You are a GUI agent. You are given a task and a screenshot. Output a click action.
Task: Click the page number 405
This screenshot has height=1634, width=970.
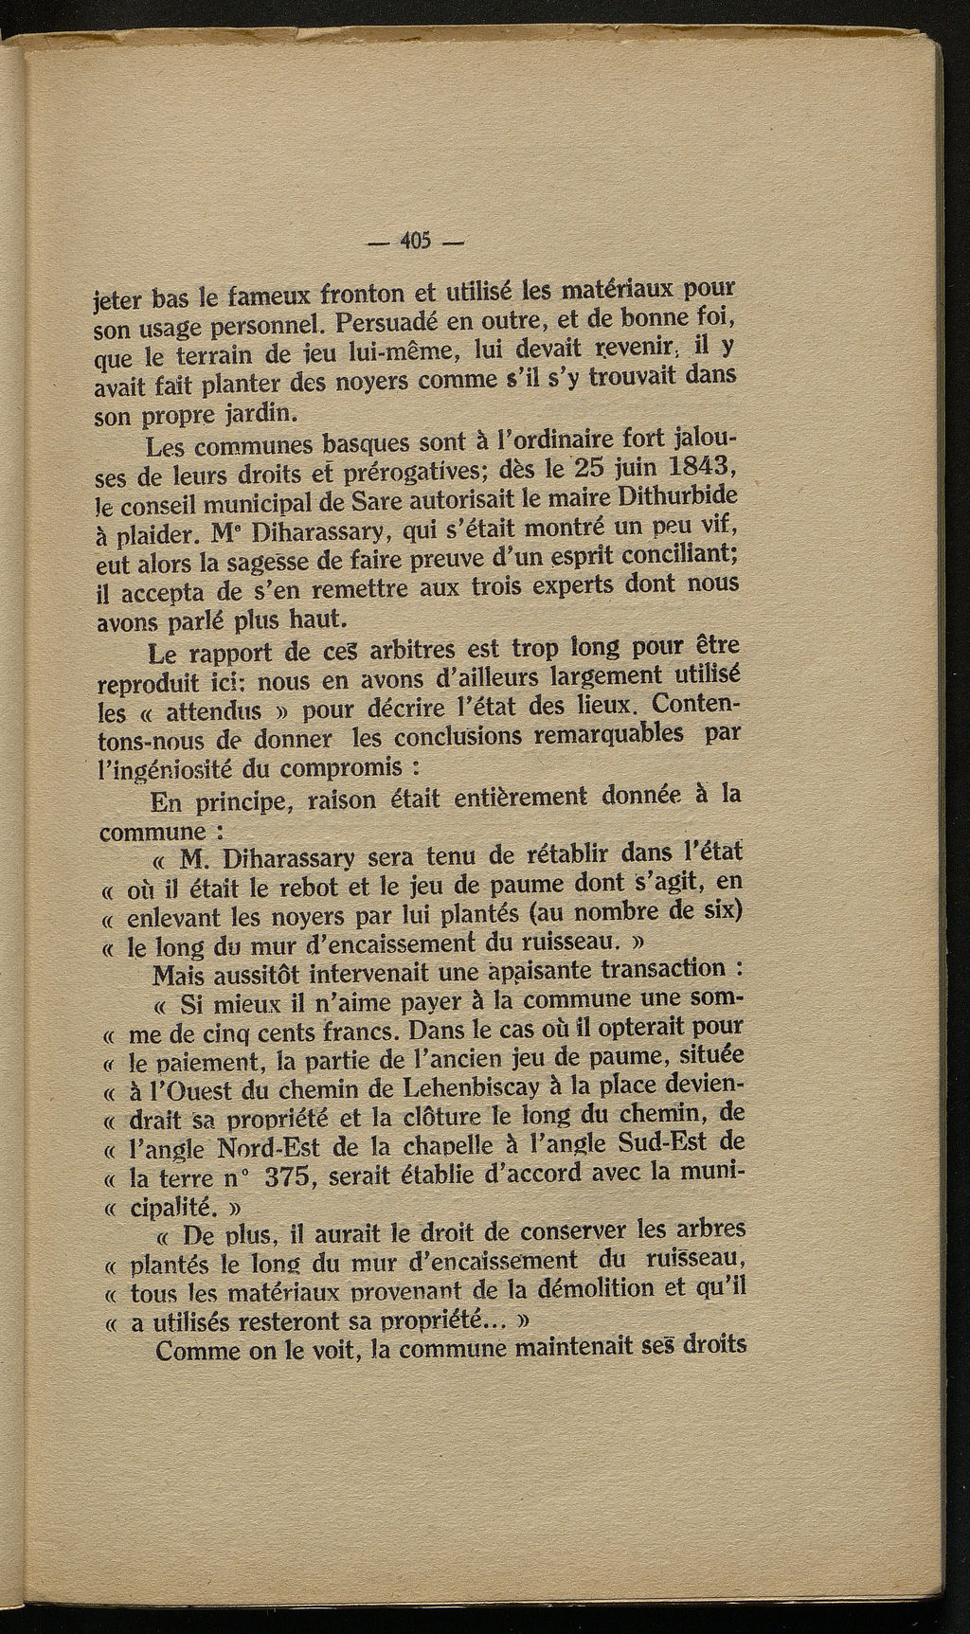point(416,241)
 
